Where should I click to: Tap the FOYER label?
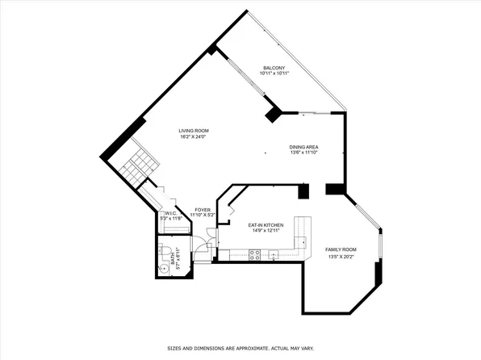(203, 210)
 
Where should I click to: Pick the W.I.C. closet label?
(170, 214)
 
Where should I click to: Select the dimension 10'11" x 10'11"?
(274, 73)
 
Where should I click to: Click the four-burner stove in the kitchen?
(254, 255)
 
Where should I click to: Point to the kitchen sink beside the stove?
(274, 256)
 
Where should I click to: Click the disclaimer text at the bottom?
(240, 349)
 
